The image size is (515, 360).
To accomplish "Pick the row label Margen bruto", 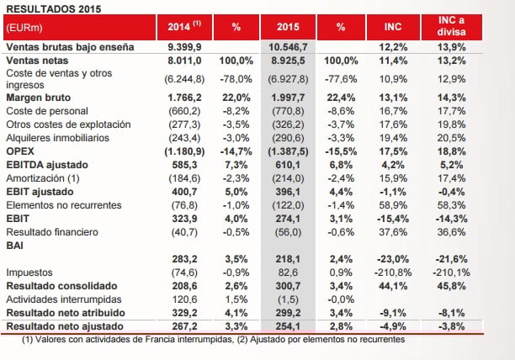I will point(39,97).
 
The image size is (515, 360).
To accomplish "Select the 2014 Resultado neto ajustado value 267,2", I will point(186,323).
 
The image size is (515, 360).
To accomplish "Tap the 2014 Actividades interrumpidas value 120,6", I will point(186,298).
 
